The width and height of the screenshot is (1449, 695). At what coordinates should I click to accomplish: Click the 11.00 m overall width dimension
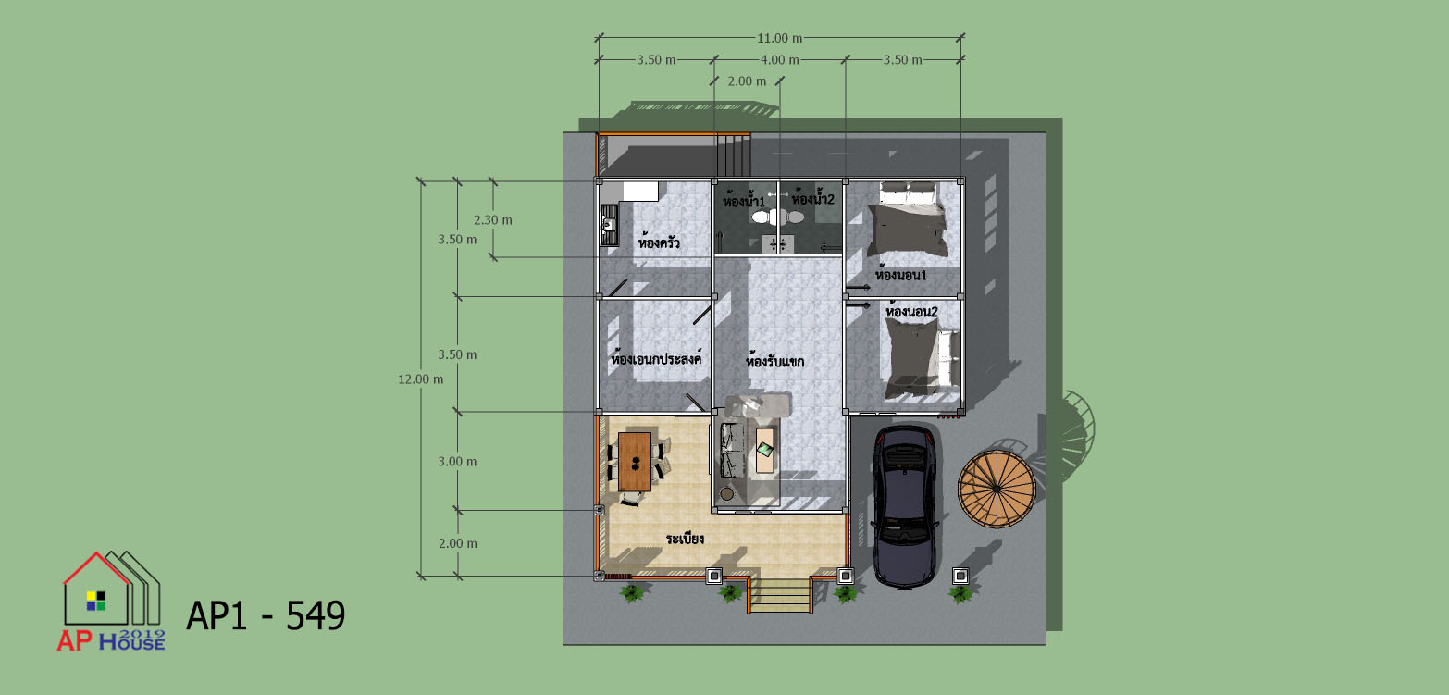pyautogui.click(x=779, y=38)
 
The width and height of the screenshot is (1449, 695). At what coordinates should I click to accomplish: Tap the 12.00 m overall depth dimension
pyautogui.click(x=420, y=379)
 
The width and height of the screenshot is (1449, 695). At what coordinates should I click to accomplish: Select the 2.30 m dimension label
pyautogui.click(x=493, y=220)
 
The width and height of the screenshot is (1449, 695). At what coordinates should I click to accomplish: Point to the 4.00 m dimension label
pyautogui.click(x=779, y=59)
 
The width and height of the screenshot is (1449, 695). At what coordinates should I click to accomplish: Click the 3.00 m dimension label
pyautogui.click(x=457, y=462)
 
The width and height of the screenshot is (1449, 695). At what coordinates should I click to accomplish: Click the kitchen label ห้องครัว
pyautogui.click(x=659, y=242)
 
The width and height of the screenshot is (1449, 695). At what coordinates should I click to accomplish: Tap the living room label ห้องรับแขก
pyautogui.click(x=774, y=360)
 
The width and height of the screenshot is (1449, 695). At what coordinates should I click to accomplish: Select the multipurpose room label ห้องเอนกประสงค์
pyautogui.click(x=656, y=357)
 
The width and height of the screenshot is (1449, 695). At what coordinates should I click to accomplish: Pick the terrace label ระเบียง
pyautogui.click(x=685, y=539)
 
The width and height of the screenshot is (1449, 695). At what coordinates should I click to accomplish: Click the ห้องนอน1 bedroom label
pyautogui.click(x=900, y=274)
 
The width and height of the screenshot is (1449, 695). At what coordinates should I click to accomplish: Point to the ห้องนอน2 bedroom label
pyautogui.click(x=911, y=311)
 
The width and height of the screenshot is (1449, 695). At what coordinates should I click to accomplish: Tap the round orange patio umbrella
pyautogui.click(x=997, y=489)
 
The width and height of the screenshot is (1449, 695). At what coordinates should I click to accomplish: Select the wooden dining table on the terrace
pyautogui.click(x=635, y=462)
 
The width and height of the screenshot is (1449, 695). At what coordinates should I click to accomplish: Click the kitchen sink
pyautogui.click(x=155, y=225)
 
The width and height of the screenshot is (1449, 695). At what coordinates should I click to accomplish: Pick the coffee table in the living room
pyautogui.click(x=764, y=450)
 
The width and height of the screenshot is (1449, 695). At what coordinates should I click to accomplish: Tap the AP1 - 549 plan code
pyautogui.click(x=266, y=615)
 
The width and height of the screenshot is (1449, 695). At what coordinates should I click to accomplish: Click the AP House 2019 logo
pyautogui.click(x=111, y=602)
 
